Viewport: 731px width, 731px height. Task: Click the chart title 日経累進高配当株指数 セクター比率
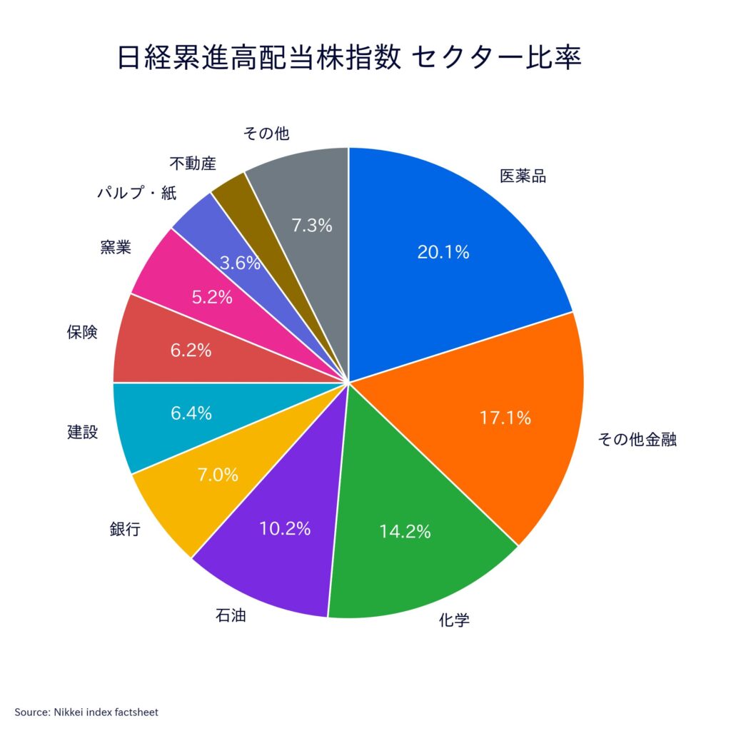[x=348, y=58]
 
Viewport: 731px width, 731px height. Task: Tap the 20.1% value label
[x=443, y=252]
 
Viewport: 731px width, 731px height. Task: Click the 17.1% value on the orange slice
[x=505, y=418]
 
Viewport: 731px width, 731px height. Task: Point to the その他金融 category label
[x=637, y=439]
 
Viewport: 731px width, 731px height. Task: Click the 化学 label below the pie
[x=453, y=620]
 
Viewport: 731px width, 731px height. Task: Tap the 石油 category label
[x=231, y=615]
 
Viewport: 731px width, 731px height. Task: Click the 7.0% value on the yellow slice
[x=218, y=475]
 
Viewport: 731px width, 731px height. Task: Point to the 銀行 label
[x=125, y=529]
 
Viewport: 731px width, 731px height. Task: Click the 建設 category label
[x=83, y=432]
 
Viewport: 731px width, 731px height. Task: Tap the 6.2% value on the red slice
[x=191, y=350]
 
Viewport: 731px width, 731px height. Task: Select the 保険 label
[x=82, y=332]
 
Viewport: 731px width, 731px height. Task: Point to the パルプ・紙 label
[x=137, y=193]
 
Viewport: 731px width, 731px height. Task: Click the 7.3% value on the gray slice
[x=312, y=226]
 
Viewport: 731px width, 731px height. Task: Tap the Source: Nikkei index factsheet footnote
[x=86, y=712]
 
